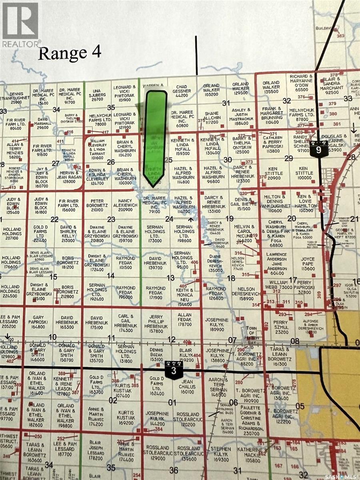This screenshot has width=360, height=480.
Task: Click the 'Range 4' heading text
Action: point(70,53)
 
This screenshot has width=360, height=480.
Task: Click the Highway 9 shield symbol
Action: point(318,149)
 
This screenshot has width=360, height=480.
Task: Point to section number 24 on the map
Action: point(169,219)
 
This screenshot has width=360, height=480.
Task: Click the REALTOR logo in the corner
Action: point(20,24)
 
